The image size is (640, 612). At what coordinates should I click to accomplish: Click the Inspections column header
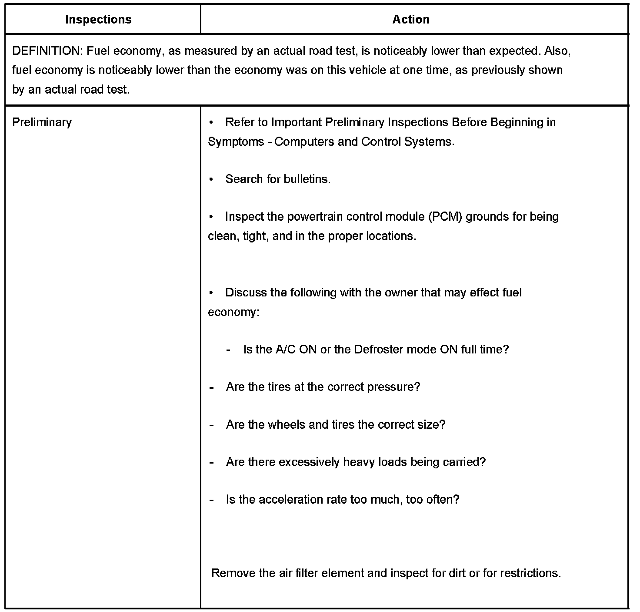pyautogui.click(x=98, y=20)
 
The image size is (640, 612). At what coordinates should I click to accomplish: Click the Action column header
pyautogui.click(x=411, y=20)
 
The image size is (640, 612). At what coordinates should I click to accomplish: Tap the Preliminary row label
pyautogui.click(x=42, y=122)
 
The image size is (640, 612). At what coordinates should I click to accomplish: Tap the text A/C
pyautogui.click(x=286, y=350)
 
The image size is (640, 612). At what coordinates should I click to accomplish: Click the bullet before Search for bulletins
pyautogui.click(x=211, y=179)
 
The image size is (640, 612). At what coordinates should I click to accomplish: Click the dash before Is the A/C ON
pyautogui.click(x=229, y=350)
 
